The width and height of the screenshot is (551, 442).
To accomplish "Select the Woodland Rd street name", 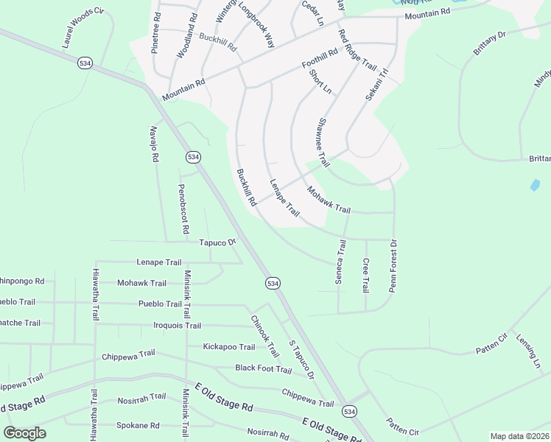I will click(x=187, y=35).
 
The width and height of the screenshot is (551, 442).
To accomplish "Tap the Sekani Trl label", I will click(x=376, y=86).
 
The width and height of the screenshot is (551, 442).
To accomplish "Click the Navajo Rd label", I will click(x=155, y=144).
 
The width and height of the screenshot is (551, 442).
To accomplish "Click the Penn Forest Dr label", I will click(x=393, y=266).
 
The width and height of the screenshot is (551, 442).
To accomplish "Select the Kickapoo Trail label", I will click(x=229, y=347).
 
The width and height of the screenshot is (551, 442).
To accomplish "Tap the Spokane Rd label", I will click(x=138, y=426).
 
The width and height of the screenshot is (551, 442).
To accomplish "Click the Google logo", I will click(x=24, y=433).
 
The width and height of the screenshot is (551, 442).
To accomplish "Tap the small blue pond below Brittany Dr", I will click(x=535, y=186).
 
